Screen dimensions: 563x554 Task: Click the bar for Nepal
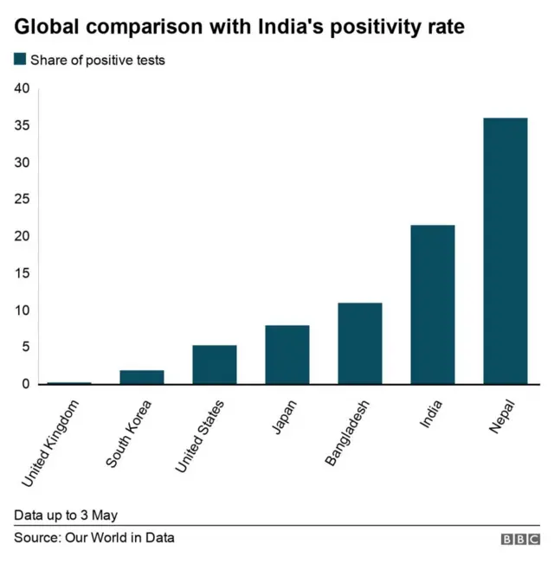506,251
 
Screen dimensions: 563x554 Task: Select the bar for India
433,304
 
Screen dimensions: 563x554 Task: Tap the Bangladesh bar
360,343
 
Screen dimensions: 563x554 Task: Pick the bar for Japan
287,355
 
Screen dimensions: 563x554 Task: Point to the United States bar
215,364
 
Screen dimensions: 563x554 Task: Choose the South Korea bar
142,377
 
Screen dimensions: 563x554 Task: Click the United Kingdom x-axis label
51,440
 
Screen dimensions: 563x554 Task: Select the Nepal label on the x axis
502,416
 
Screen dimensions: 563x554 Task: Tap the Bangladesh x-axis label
348,432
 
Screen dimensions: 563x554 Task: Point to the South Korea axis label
129,433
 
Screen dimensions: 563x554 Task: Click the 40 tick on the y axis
22,88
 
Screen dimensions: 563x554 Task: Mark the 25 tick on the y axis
22,199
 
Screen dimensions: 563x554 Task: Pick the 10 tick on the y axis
22,310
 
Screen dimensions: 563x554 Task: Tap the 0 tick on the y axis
25,384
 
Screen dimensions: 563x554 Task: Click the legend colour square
20,60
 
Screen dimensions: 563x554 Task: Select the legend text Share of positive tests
97,61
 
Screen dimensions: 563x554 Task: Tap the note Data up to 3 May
66,515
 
